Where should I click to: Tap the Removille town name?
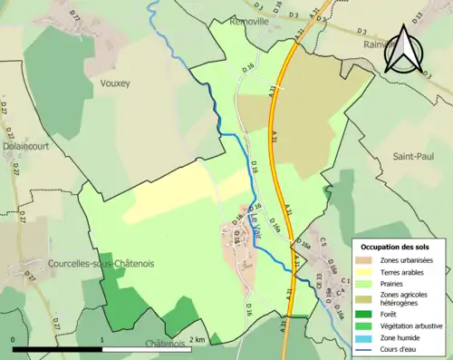251,20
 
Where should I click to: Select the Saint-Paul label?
413,156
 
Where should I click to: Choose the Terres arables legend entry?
400,271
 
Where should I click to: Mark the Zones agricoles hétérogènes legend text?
407,299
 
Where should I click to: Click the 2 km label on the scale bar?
200,339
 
